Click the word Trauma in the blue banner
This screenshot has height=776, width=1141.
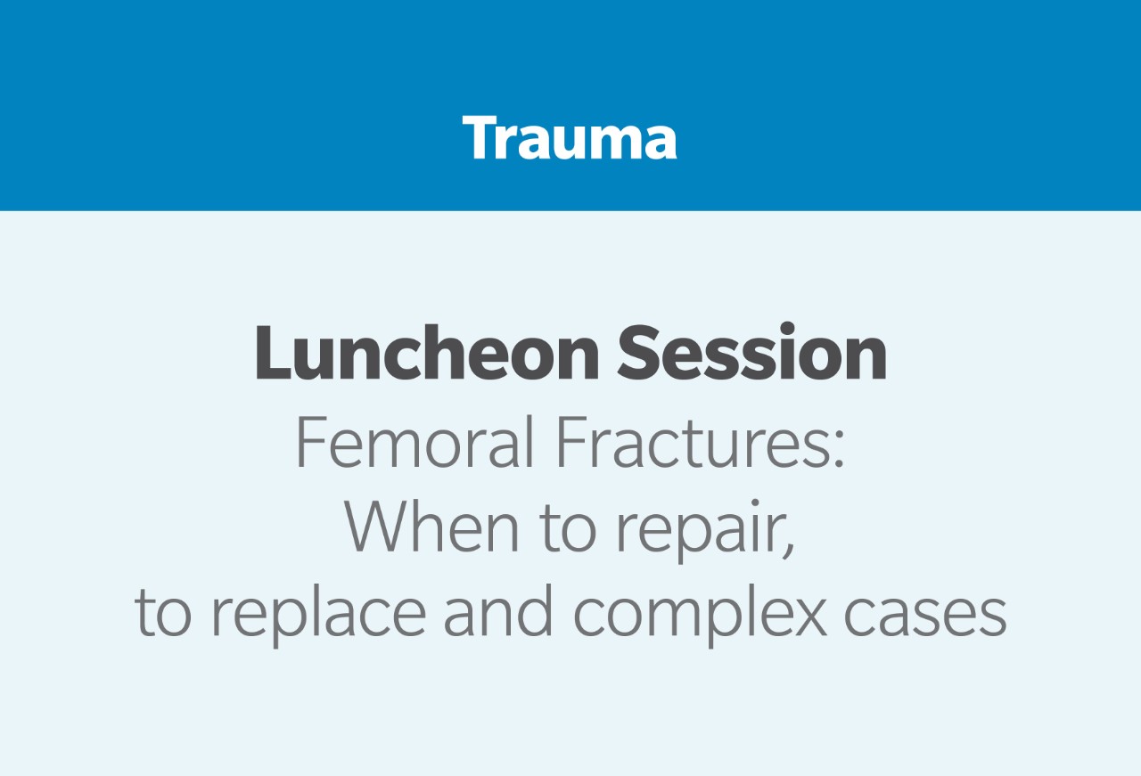click(570, 137)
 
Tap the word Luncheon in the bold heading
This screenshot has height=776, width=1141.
click(427, 352)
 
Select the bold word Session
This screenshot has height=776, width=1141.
click(751, 352)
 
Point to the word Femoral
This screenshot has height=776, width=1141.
click(415, 442)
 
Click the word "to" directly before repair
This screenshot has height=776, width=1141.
click(567, 530)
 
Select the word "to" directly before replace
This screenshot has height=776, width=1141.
click(163, 615)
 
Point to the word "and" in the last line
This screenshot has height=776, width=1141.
click(497, 611)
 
